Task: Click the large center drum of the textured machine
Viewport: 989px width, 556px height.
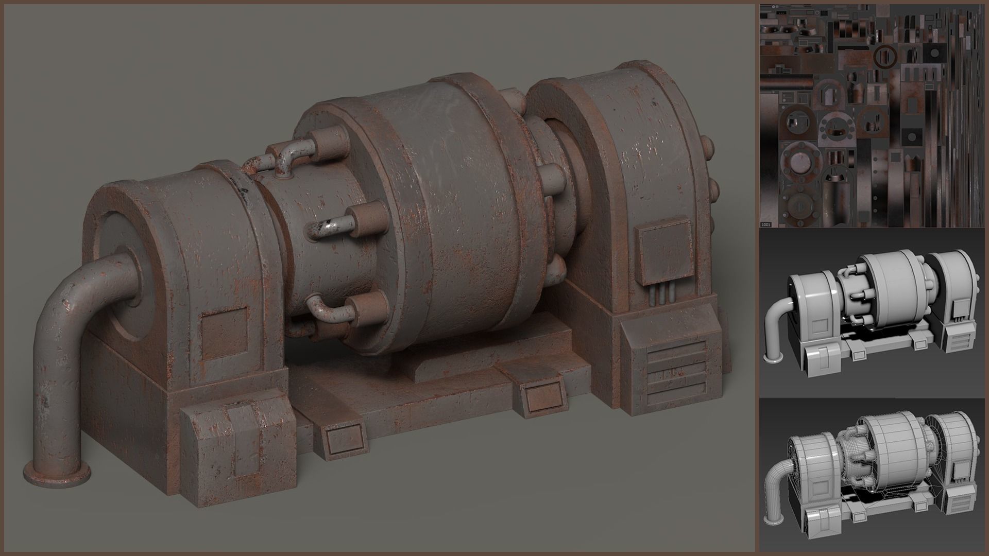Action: coord(453,227)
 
